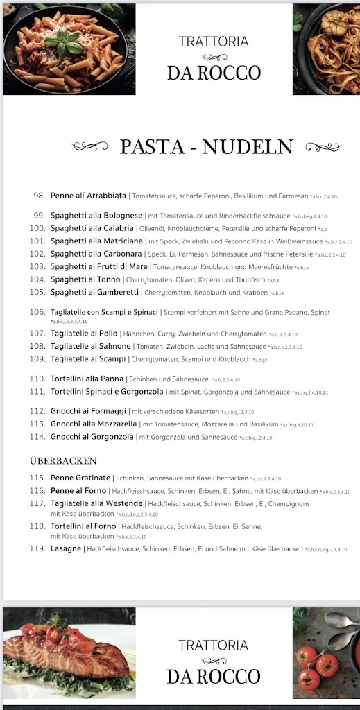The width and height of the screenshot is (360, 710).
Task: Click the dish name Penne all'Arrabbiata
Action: tap(88, 196)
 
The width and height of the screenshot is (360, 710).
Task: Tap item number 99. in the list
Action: tap(39, 216)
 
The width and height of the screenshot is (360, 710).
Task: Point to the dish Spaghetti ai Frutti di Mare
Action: tap(99, 266)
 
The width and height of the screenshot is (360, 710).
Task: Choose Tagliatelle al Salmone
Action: tap(90, 346)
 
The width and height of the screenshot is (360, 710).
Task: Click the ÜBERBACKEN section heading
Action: tap(63, 460)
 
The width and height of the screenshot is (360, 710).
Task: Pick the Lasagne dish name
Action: tap(66, 548)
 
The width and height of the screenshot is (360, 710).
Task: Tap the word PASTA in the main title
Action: tap(152, 147)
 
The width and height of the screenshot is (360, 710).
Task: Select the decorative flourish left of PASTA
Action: tap(90, 146)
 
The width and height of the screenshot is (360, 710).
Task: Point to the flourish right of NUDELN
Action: tap(324, 146)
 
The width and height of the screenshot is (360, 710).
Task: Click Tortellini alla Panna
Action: tap(87, 379)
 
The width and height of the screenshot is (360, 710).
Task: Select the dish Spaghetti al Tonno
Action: tap(86, 279)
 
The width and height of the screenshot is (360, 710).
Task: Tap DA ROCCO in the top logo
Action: tap(214, 72)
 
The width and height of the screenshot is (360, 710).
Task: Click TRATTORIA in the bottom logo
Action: tap(214, 646)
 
